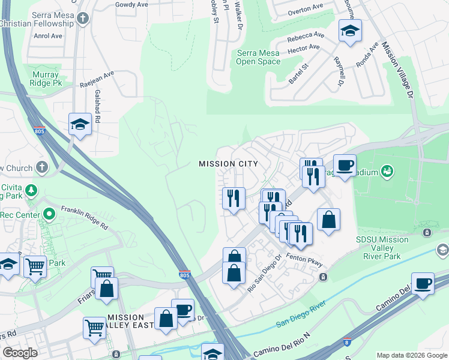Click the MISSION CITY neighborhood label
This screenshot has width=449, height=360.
coord(228,164)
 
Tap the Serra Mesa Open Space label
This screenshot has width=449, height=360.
coord(258,57)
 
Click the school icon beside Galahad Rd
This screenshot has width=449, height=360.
coord(80,124)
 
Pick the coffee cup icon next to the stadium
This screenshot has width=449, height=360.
coord(345,165)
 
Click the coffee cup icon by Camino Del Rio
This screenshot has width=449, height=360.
coord(423,283)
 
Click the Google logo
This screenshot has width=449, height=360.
coord(20,353)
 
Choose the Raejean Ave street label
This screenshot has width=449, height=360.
coord(97,79)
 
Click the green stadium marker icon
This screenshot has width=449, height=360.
coord(387,172)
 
